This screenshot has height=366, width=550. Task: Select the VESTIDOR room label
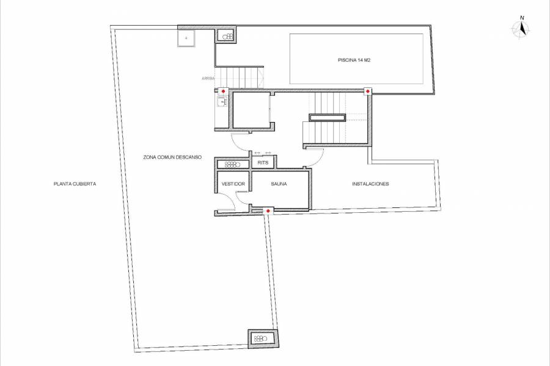point(233,184)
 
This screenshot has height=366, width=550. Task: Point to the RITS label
point(263,163)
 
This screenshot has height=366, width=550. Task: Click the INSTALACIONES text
point(370,184)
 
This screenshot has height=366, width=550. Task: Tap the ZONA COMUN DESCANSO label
point(172,157)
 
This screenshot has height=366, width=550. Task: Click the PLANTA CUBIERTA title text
point(75,184)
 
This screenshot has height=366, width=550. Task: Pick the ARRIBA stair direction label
point(209,78)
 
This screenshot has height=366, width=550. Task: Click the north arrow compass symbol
point(521,29)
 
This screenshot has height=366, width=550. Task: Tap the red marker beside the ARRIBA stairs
point(223,91)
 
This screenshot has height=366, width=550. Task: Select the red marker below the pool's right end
point(368,91)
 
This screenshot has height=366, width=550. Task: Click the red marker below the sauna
point(268,210)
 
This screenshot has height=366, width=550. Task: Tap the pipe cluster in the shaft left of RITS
point(232,164)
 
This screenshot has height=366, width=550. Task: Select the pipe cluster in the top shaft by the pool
point(227,37)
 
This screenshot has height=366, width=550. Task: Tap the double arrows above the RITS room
point(262,152)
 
